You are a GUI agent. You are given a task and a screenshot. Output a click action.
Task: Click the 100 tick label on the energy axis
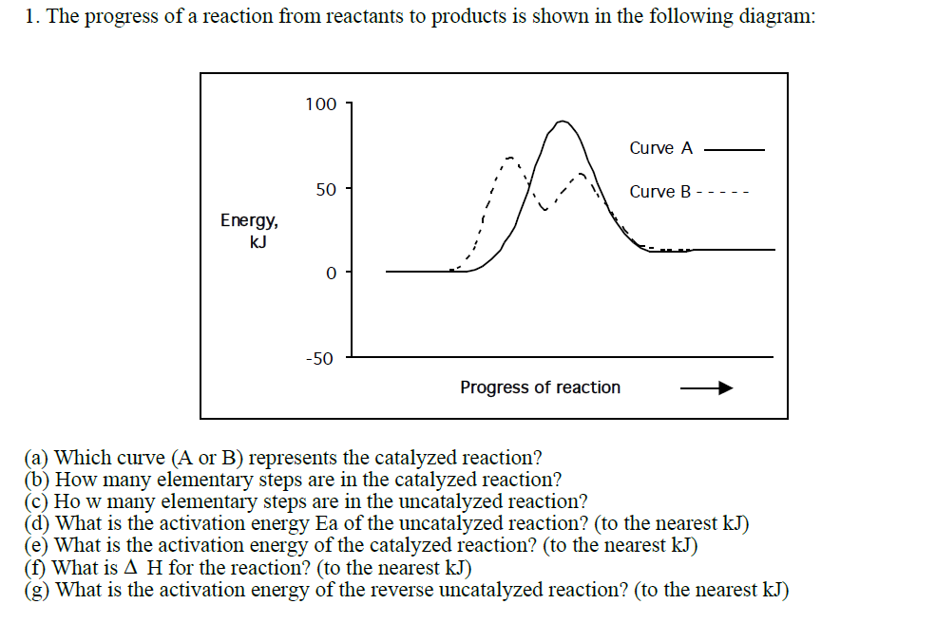(320, 104)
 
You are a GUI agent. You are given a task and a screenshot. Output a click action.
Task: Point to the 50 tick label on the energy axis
(326, 190)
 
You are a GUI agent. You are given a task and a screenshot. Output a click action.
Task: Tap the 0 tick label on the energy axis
(331, 274)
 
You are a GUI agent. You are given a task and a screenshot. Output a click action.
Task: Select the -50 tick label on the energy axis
(319, 359)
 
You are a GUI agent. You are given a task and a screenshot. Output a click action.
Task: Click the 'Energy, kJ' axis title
(250, 231)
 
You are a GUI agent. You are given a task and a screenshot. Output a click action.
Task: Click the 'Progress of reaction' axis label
(540, 387)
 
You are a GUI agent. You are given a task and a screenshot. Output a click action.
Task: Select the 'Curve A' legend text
(661, 148)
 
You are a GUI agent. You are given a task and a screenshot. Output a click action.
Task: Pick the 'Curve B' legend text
(660, 192)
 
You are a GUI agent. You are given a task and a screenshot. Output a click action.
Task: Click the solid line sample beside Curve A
(734, 149)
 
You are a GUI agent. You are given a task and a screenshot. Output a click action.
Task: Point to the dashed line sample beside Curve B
(724, 193)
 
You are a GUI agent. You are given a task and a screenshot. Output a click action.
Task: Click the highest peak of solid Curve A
(563, 122)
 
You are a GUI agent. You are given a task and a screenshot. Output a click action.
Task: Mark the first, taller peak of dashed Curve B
(510, 158)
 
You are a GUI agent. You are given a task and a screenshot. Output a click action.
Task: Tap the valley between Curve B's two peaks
(544, 209)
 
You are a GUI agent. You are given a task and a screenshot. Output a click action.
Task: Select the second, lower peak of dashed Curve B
(581, 176)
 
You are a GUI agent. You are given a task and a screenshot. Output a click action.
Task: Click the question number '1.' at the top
(31, 17)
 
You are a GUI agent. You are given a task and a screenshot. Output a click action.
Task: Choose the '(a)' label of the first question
(38, 459)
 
